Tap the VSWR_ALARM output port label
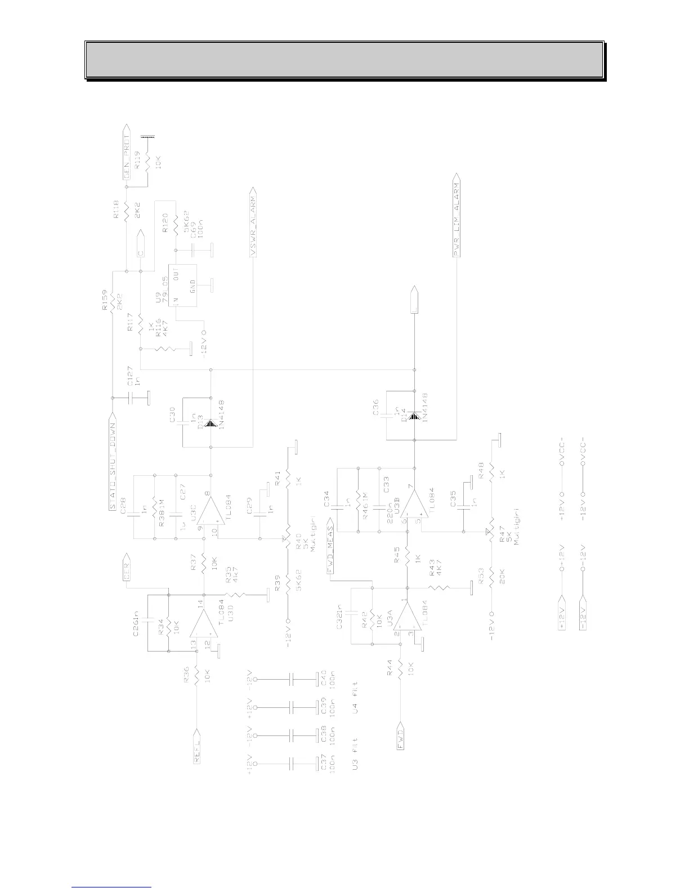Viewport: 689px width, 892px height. point(254,227)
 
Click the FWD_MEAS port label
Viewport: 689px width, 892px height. point(331,551)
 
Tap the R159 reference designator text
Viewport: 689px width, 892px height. point(105,300)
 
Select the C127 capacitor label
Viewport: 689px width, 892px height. point(130,376)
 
